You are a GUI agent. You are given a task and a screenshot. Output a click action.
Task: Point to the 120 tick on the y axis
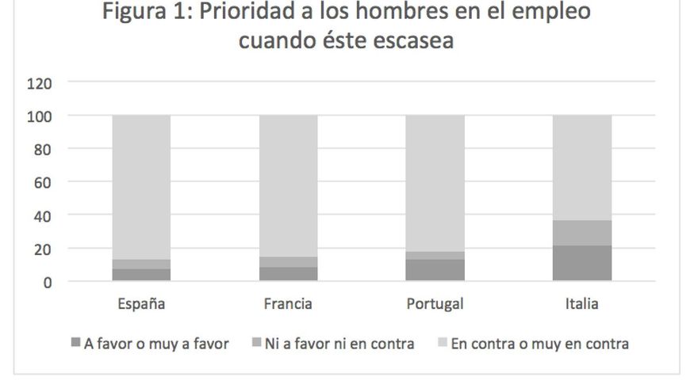click(39, 82)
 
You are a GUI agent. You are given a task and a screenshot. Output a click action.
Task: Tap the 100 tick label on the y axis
click(39, 116)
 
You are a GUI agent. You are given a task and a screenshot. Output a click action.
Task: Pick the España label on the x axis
click(141, 304)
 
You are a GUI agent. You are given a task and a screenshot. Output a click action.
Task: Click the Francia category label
click(288, 304)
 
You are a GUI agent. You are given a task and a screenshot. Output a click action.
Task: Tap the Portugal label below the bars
click(435, 304)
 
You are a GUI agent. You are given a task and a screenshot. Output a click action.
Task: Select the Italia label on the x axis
click(581, 304)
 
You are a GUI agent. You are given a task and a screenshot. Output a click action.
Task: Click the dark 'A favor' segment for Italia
click(581, 263)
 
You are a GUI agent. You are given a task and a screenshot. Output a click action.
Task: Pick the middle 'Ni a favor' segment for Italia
click(581, 233)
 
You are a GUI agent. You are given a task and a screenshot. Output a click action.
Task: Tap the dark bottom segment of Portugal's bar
click(435, 270)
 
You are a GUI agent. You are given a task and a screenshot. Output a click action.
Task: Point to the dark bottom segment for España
click(141, 275)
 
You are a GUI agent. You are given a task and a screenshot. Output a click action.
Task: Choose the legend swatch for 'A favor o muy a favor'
click(75, 344)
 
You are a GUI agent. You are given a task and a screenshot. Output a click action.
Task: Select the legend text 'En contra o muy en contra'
click(539, 344)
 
